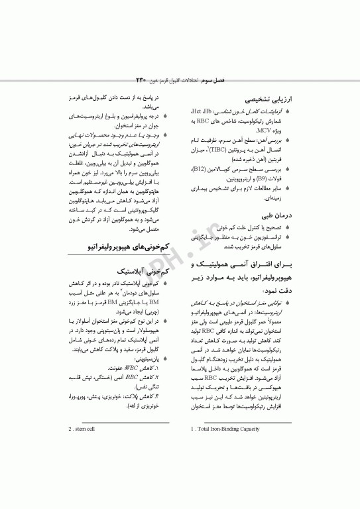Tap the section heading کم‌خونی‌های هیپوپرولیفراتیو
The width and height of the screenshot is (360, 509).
[x=125, y=247]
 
